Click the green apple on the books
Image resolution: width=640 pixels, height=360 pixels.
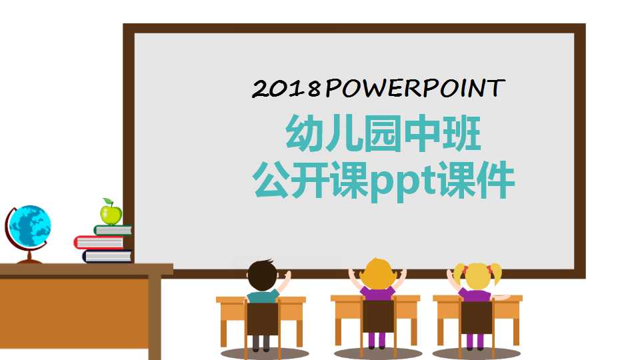(x=111, y=215)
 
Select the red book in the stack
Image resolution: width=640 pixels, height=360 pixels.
(x=100, y=242)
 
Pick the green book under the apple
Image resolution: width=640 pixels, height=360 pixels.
(x=113, y=230)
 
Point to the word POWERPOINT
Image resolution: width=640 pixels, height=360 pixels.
(x=415, y=88)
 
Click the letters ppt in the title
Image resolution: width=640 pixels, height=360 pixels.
(x=403, y=182)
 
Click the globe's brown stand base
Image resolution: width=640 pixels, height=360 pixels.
(x=29, y=260)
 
